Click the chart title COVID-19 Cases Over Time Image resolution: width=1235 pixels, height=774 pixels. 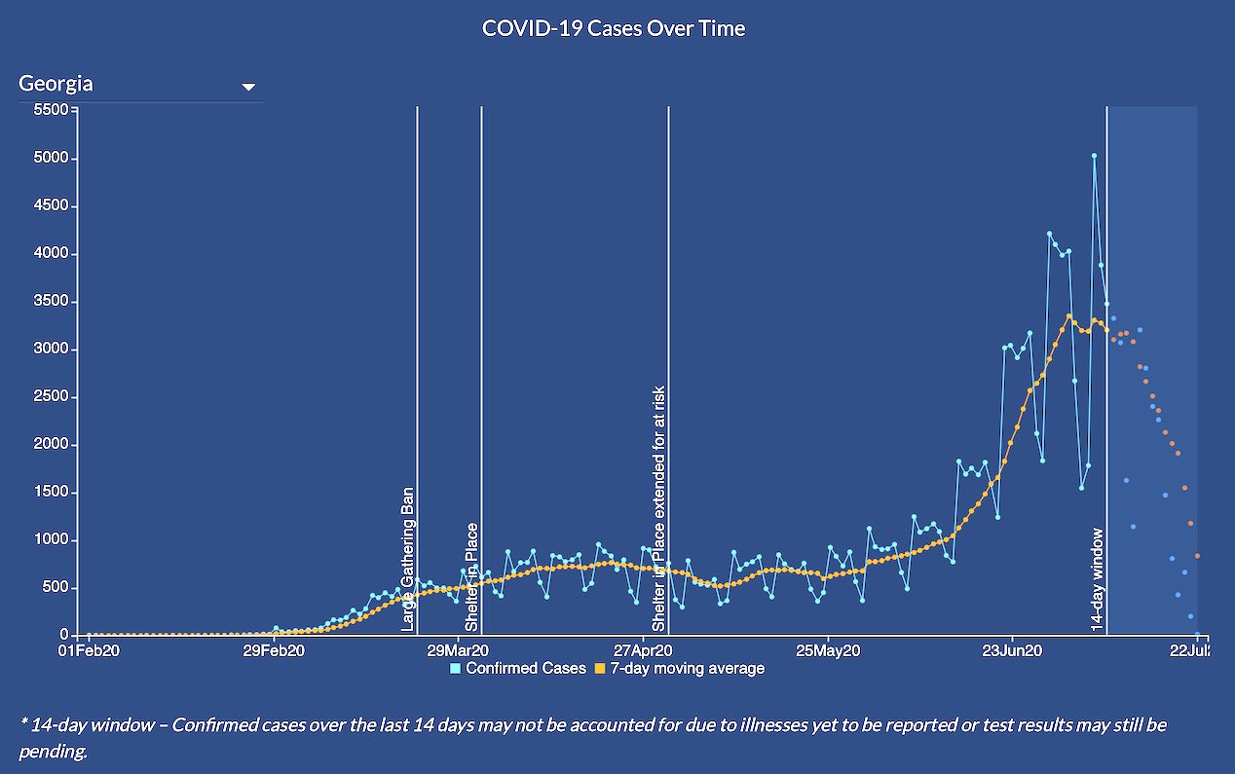[x=614, y=28]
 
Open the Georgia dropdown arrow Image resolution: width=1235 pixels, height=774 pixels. [x=248, y=87]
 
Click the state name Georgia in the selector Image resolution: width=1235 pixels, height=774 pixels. [x=56, y=84]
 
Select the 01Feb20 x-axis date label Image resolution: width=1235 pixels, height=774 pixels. [x=90, y=650]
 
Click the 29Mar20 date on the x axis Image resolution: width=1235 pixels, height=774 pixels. [x=458, y=650]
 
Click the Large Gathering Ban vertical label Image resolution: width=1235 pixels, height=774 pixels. [x=407, y=558]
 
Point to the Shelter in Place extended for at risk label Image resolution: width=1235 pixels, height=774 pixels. [x=659, y=507]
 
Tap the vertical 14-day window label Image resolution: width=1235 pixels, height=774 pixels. [x=1097, y=580]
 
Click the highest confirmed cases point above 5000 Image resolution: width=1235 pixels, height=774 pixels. [x=1094, y=156]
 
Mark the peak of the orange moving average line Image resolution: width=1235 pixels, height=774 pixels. [x=1068, y=315]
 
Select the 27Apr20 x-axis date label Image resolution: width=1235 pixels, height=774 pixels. [x=642, y=650]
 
